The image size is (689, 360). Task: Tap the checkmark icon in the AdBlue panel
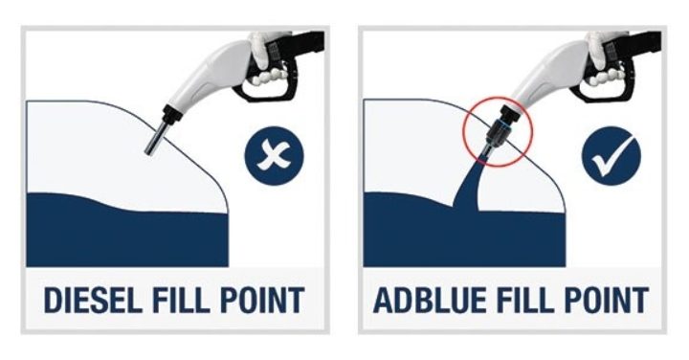pyautogui.click(x=611, y=157)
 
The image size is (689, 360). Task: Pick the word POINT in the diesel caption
pyautogui.click(x=265, y=299)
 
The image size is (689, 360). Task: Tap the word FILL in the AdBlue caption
pyautogui.click(x=529, y=299)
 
